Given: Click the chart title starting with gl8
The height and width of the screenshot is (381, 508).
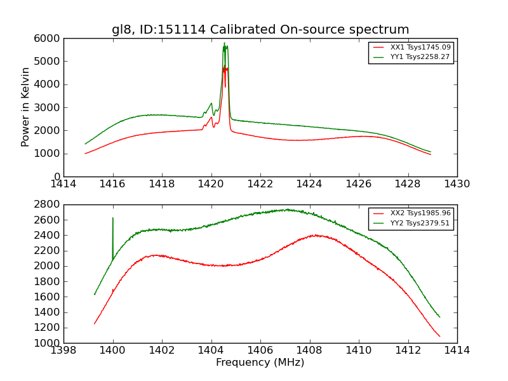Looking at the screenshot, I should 260,30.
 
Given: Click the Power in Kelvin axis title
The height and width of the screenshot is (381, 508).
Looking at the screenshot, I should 25,107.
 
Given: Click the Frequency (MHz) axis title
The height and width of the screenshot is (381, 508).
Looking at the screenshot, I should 260,363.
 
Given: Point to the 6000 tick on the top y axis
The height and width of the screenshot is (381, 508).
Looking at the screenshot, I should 49,38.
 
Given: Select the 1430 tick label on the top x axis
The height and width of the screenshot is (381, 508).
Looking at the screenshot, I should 457,184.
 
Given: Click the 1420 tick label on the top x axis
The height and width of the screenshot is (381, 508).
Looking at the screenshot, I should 211,184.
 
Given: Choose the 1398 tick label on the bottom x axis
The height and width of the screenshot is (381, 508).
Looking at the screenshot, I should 64,351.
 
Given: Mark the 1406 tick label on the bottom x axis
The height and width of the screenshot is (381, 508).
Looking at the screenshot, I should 260,351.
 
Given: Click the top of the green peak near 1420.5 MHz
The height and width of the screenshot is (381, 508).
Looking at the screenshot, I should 224,43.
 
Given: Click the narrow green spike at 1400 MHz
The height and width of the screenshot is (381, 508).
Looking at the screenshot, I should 113,218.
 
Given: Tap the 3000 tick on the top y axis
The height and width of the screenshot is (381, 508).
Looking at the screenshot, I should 49,107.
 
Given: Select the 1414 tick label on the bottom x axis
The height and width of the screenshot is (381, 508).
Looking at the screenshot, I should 457,351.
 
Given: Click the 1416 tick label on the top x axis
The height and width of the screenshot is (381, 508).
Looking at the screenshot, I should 113,184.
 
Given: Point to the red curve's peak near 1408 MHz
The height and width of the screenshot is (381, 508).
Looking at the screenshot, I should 316,235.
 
